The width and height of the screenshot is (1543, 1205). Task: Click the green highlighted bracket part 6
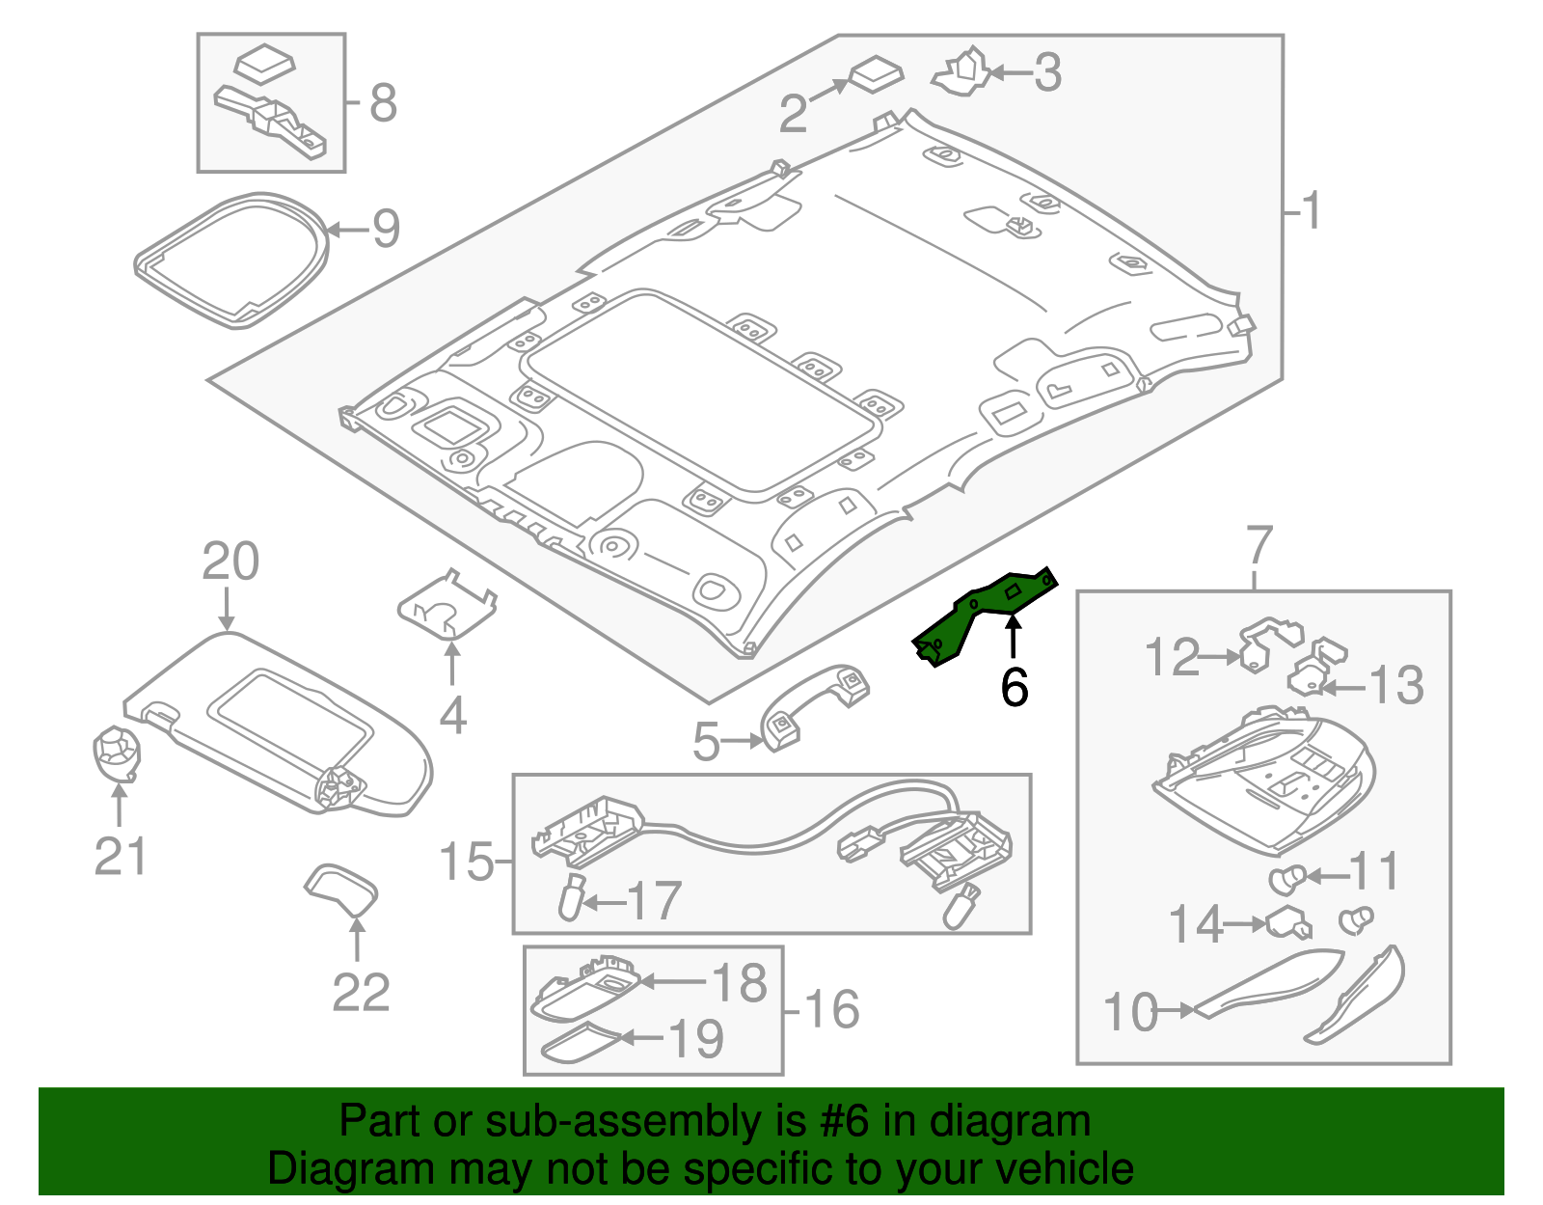[984, 617]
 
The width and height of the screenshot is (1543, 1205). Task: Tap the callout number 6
[1014, 687]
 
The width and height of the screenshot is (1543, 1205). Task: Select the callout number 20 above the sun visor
[230, 561]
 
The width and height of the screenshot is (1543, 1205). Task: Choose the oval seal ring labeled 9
[231, 259]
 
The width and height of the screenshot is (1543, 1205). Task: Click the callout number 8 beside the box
[383, 102]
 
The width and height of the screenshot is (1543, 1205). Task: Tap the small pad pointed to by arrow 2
[876, 74]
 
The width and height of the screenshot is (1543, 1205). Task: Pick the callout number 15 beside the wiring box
[466, 862]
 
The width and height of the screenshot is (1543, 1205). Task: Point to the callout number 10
[1129, 1013]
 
